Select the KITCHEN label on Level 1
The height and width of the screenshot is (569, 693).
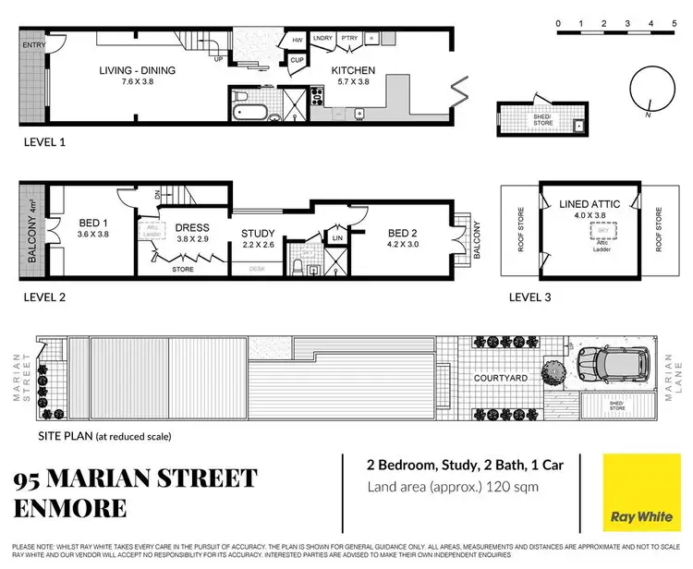pos(354,70)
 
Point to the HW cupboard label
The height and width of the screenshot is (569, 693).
pos(298,41)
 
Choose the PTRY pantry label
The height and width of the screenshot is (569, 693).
pos(348,38)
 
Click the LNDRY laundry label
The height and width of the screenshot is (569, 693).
pos(323,38)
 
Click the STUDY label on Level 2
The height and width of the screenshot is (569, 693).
pos(259,233)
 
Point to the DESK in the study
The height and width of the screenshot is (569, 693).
pos(258,269)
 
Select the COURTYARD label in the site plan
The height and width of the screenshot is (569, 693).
pos(501,378)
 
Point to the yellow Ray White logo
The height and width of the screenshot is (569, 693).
pos(636,492)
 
